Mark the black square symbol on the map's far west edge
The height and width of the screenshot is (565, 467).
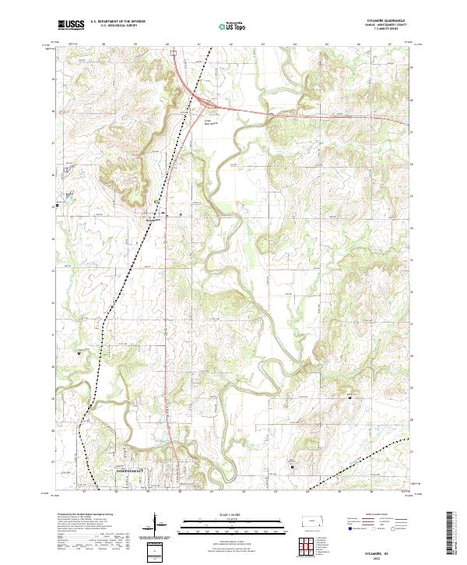(x=56, y=207)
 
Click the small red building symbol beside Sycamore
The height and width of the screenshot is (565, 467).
(x=163, y=212)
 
